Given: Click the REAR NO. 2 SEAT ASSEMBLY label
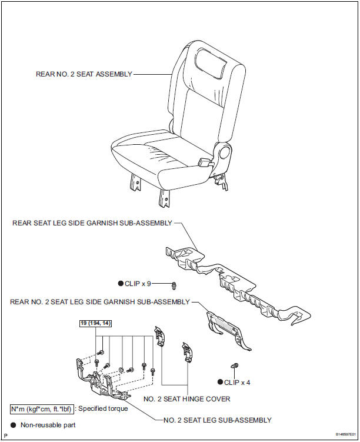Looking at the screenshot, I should [x=84, y=74].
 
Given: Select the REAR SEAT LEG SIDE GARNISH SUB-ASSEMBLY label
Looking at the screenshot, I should [x=92, y=223].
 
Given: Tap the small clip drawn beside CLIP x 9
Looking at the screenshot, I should [x=174, y=286].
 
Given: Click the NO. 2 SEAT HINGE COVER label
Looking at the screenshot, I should [x=187, y=398].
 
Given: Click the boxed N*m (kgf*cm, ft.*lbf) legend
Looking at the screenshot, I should [x=41, y=408].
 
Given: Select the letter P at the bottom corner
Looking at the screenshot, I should [x=5, y=436].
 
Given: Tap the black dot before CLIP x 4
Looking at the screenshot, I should [x=219, y=382].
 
